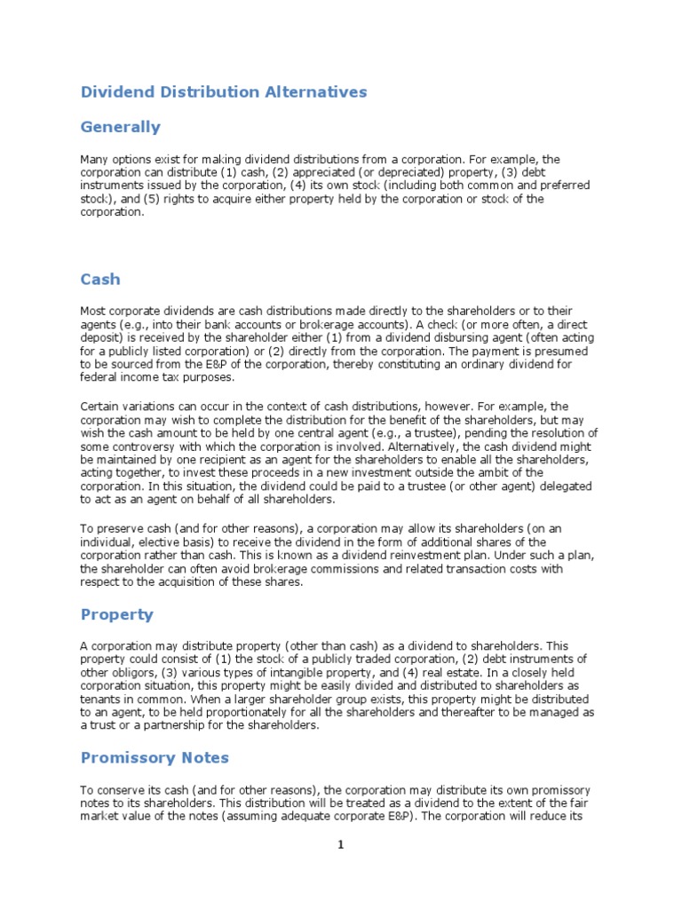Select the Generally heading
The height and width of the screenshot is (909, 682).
121,127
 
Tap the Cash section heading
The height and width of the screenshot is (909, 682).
100,280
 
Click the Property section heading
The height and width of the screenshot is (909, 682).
117,614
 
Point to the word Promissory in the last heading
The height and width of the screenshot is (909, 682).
122,758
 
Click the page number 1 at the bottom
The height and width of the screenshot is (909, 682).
340,846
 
